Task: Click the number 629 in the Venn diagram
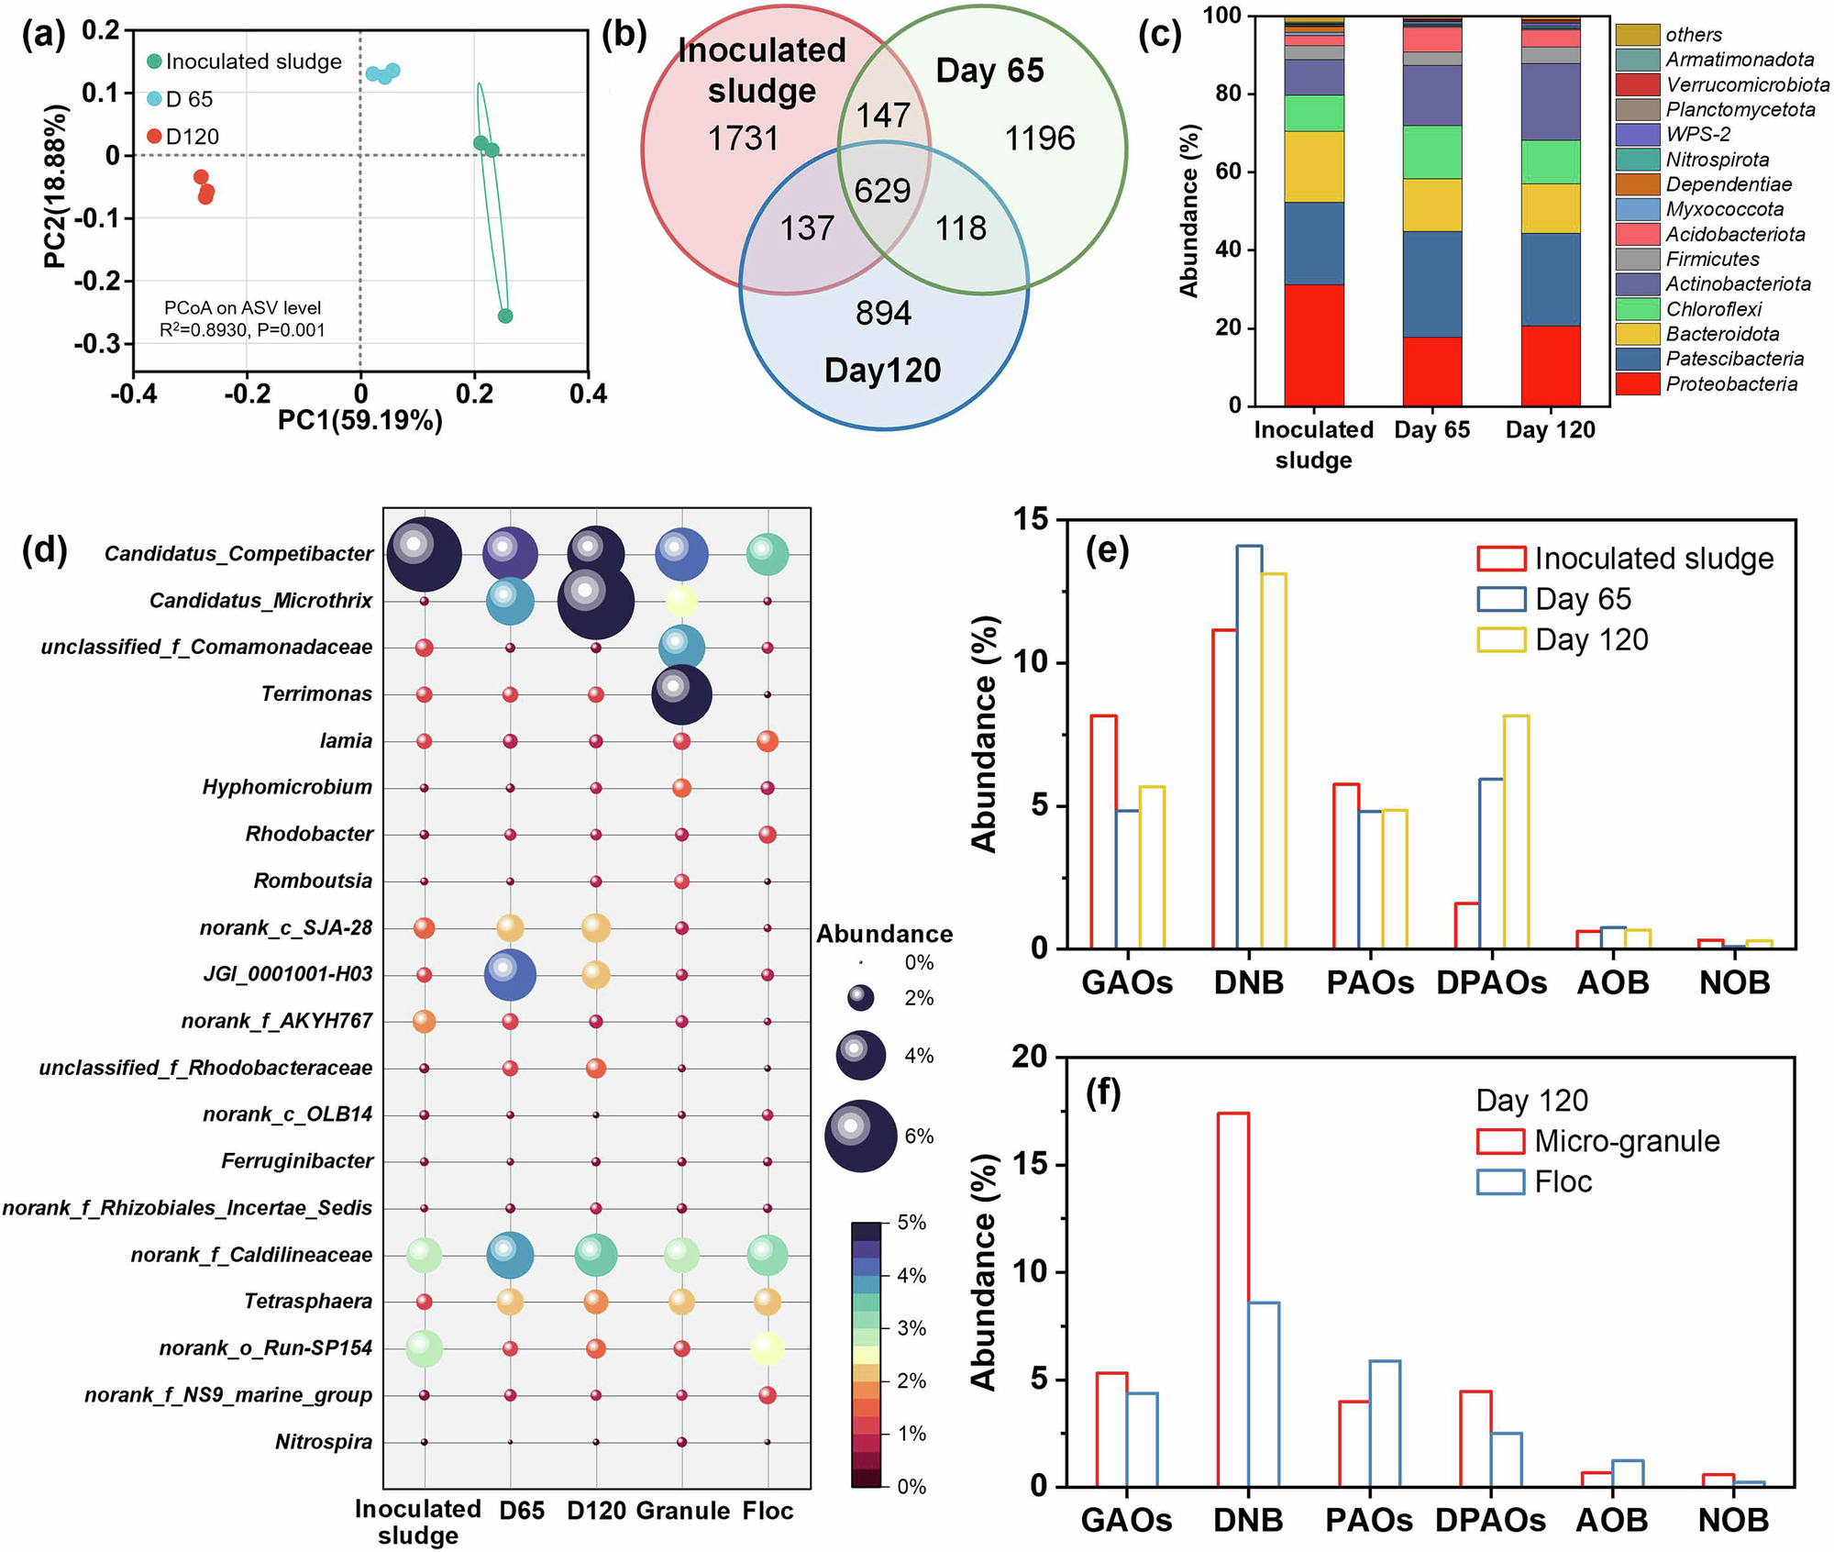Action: pos(882,191)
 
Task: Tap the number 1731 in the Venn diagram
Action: pos(743,139)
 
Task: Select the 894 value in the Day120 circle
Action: pos(883,314)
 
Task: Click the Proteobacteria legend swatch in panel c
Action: pos(1637,384)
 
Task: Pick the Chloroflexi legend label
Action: pos(1713,309)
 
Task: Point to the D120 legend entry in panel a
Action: pos(192,137)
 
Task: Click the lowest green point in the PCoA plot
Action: pos(505,316)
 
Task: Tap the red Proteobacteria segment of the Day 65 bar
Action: pos(1431,371)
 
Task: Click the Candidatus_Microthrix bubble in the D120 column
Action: pos(596,602)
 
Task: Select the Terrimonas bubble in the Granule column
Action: pos(681,694)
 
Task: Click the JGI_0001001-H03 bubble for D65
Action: pos(510,974)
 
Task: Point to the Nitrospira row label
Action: pos(324,1442)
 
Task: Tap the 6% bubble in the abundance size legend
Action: pos(860,1136)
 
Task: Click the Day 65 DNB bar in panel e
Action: pos(1249,747)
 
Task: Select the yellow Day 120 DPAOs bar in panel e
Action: pos(1516,831)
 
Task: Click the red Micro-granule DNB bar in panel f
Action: pos(1232,1299)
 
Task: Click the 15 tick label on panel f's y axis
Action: pos(1029,1165)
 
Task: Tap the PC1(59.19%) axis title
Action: pos(360,420)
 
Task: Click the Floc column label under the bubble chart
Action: pos(768,1511)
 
